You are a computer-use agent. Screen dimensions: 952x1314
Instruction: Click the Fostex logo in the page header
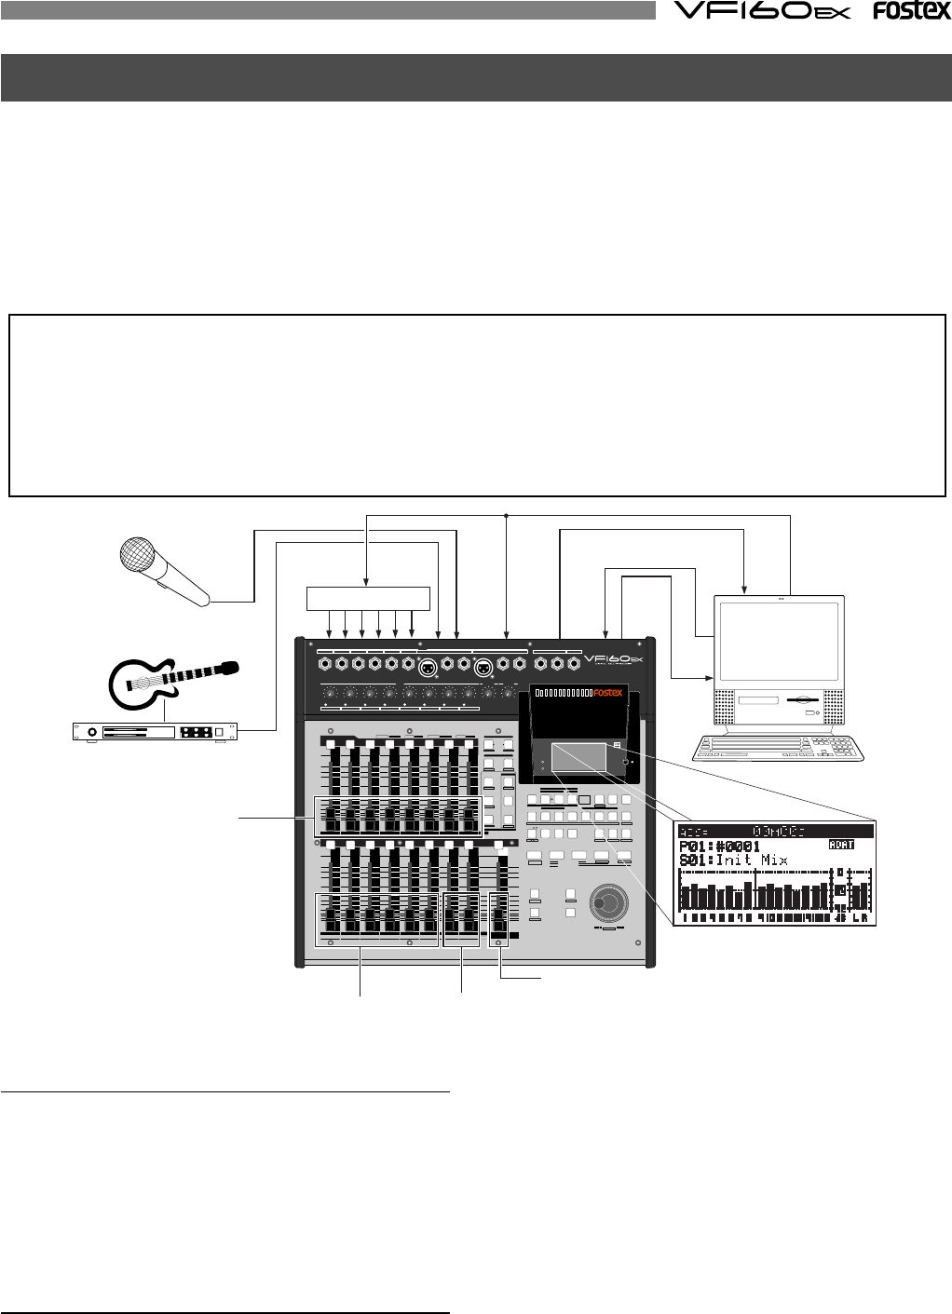[x=911, y=11]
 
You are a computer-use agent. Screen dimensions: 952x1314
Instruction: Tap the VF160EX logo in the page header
[x=761, y=11]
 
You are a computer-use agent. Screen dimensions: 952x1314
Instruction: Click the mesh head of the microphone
[x=137, y=555]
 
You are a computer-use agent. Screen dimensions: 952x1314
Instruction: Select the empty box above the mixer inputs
[x=369, y=598]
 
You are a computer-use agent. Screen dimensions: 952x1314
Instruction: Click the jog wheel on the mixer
[x=607, y=901]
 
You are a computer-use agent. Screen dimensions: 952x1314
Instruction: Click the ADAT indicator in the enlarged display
[x=841, y=845]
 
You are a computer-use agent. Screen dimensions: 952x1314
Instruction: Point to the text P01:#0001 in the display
[x=719, y=847]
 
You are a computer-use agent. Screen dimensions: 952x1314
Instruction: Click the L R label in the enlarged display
[x=862, y=918]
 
